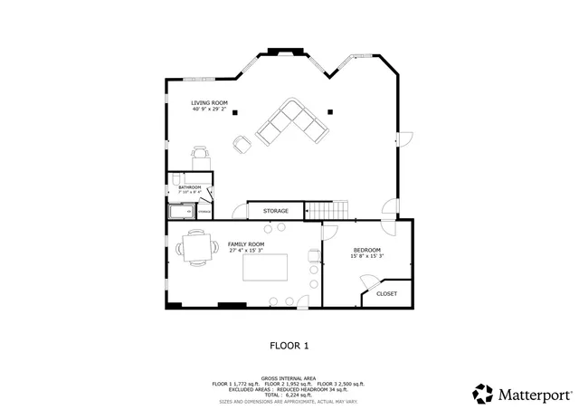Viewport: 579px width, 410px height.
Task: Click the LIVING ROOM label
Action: pos(209,103)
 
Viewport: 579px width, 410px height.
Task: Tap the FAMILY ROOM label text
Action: pos(245,244)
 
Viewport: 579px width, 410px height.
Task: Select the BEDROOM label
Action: pos(366,250)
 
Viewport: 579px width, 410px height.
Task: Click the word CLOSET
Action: pos(386,293)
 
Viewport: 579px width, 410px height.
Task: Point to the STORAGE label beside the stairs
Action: pos(276,211)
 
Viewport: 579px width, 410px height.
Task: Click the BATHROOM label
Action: pos(189,187)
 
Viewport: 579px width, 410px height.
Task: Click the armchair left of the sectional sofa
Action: pos(242,143)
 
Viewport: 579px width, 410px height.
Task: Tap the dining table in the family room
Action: pos(196,246)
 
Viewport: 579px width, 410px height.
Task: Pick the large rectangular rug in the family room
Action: pos(264,268)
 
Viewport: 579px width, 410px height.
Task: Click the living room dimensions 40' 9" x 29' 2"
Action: pos(209,110)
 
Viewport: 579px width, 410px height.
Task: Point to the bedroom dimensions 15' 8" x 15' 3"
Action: pos(366,256)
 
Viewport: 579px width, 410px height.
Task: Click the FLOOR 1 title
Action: pos(289,345)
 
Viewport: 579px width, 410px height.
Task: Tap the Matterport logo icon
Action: pos(483,395)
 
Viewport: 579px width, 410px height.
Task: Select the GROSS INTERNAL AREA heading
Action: pos(289,378)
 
